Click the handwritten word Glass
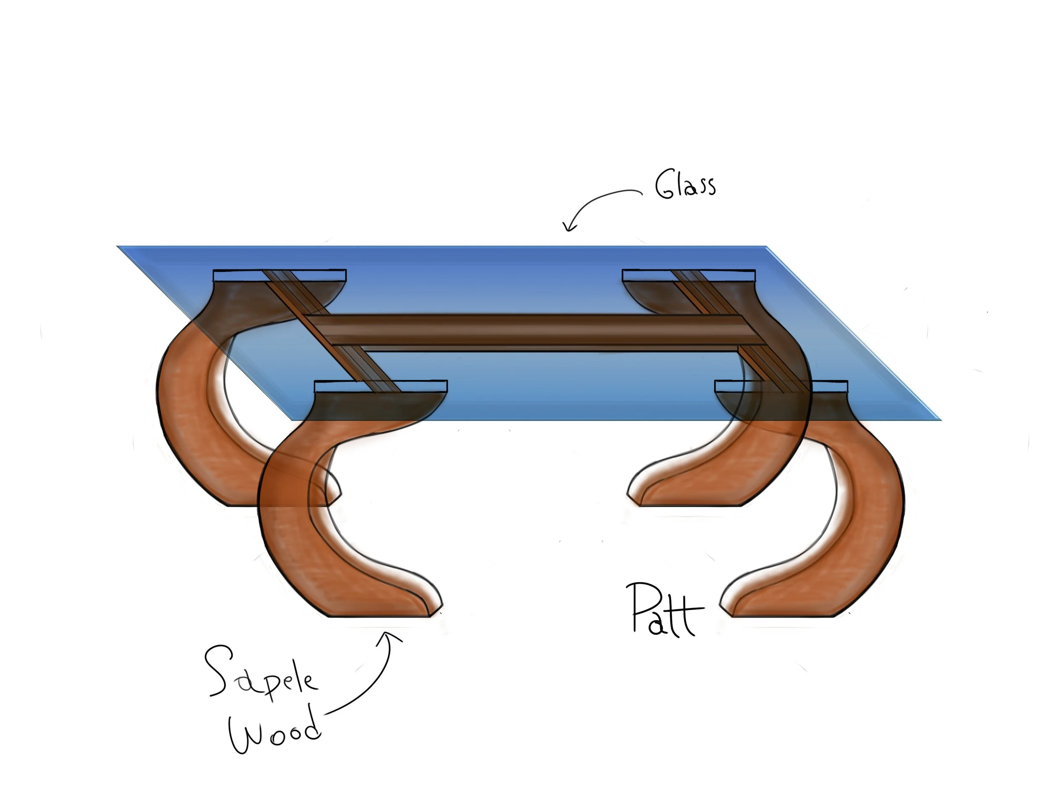pos(685,185)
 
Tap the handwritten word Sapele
pos(260,673)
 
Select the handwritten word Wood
pos(275,728)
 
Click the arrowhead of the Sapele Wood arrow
pos(389,635)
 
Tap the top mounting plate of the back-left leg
pos(279,275)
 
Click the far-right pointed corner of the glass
pos(938,419)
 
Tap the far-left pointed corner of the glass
pos(119,247)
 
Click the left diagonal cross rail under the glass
pos(329,329)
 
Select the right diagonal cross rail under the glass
pos(740,329)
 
